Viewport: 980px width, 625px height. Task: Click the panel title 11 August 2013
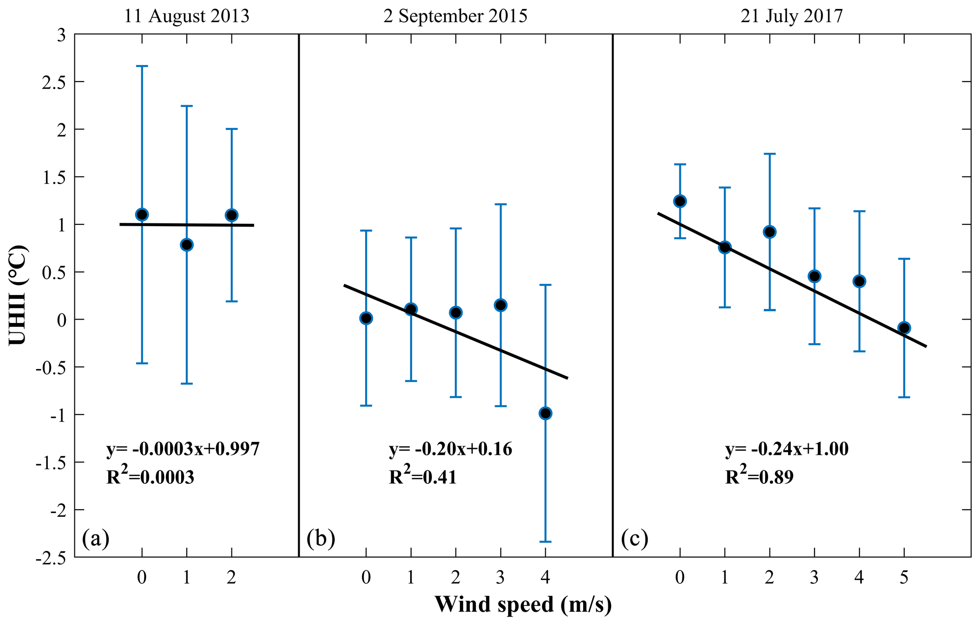coord(186,16)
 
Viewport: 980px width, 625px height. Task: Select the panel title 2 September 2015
coord(455,16)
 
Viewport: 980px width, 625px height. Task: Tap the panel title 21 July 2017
coord(792,16)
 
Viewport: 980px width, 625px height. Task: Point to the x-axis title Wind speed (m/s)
coord(523,605)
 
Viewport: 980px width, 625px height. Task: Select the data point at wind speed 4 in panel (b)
coord(545,414)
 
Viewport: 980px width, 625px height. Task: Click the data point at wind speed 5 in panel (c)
coord(904,328)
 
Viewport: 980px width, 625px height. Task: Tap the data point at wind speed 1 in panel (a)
coord(186,245)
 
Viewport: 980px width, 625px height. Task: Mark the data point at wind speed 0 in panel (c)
coord(680,201)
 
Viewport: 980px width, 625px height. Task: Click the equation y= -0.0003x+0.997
coord(183,449)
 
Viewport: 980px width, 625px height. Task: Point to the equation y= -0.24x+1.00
coord(787,449)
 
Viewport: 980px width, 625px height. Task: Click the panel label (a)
coord(96,539)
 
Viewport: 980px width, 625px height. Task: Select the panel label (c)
coord(634,539)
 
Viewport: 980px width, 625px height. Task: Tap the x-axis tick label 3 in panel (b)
coord(500,578)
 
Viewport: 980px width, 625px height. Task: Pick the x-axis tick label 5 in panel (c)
coord(904,578)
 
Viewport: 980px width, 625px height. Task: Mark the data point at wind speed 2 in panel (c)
coord(769,232)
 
